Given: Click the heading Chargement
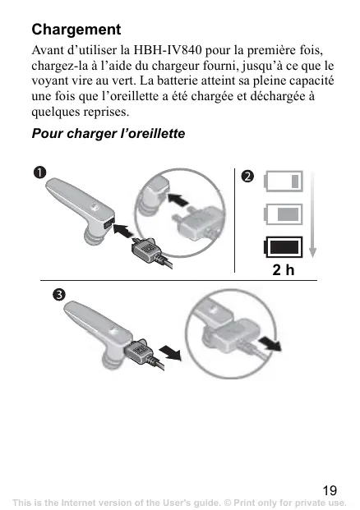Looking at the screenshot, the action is pos(76,30).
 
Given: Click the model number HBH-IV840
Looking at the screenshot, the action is pos(168,50).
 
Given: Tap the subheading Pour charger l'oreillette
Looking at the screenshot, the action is pos(108,133).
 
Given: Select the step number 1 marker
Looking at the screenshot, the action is pos(39,172).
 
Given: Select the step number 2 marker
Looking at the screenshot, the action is pos(247,177).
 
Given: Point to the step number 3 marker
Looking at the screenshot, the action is pos(59,295).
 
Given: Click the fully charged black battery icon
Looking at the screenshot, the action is pos(284,247).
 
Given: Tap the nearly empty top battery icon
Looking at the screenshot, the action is pos(284,181).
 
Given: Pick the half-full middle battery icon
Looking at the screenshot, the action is pos(284,214).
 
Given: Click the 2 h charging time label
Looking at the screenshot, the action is pos(284,269).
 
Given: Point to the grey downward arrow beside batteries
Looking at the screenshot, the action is pos(312,214).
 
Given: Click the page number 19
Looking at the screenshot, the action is pos(330,490).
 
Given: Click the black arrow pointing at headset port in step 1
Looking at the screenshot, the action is pos(123,231).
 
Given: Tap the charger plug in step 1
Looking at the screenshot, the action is pos(147,250).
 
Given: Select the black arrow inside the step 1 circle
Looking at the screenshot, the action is pos(178,199).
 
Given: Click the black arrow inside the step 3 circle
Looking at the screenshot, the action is pos(270,344).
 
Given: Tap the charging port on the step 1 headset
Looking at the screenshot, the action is pos(108,223).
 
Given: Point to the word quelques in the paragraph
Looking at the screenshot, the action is pos(56,113).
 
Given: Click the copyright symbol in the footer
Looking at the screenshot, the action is pos(228,503).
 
